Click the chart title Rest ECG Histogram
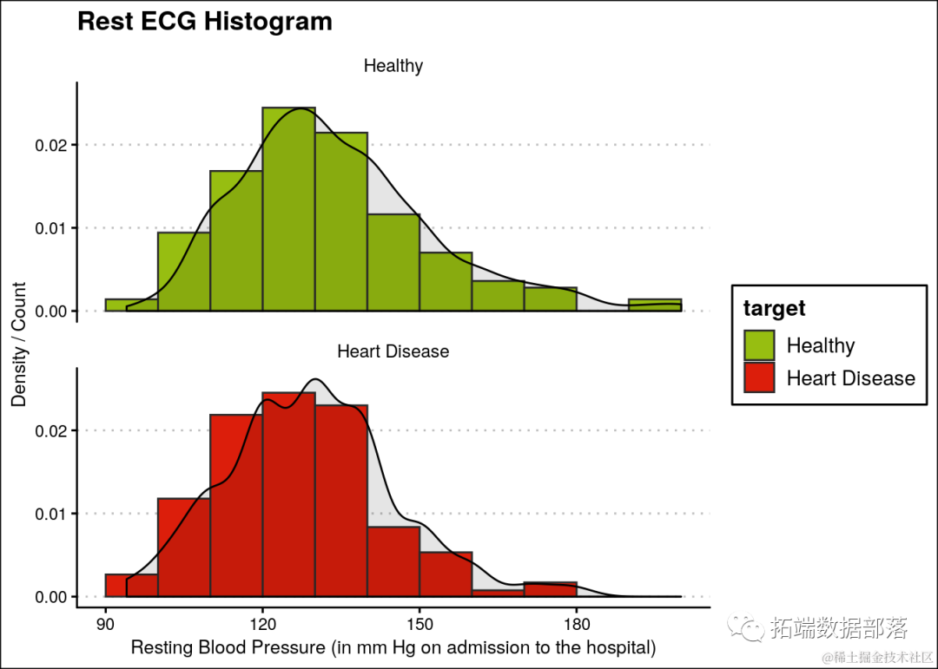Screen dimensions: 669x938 pyautogui.click(x=204, y=21)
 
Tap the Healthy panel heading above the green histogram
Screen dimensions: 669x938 pyautogui.click(x=393, y=66)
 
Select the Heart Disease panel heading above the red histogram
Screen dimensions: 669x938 pyautogui.click(x=393, y=351)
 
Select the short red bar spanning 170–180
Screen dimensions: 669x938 pyautogui.click(x=550, y=589)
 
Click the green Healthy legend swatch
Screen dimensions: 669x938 pyautogui.click(x=759, y=345)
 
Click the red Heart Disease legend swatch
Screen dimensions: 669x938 pyautogui.click(x=759, y=378)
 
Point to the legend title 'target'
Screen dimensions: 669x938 pyautogui.click(x=774, y=308)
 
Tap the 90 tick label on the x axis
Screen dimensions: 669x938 pyautogui.click(x=105, y=624)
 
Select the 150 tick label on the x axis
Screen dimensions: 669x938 pyautogui.click(x=419, y=624)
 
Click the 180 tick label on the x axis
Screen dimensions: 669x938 pyautogui.click(x=577, y=624)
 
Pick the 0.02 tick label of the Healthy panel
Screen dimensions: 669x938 pyautogui.click(x=50, y=145)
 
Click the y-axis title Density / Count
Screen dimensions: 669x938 pyautogui.click(x=19, y=344)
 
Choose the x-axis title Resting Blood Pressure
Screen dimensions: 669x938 pyautogui.click(x=393, y=648)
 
